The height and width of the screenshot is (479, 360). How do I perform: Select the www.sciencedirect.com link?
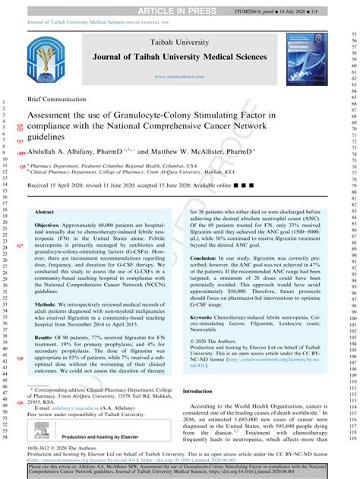coord(178,77)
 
